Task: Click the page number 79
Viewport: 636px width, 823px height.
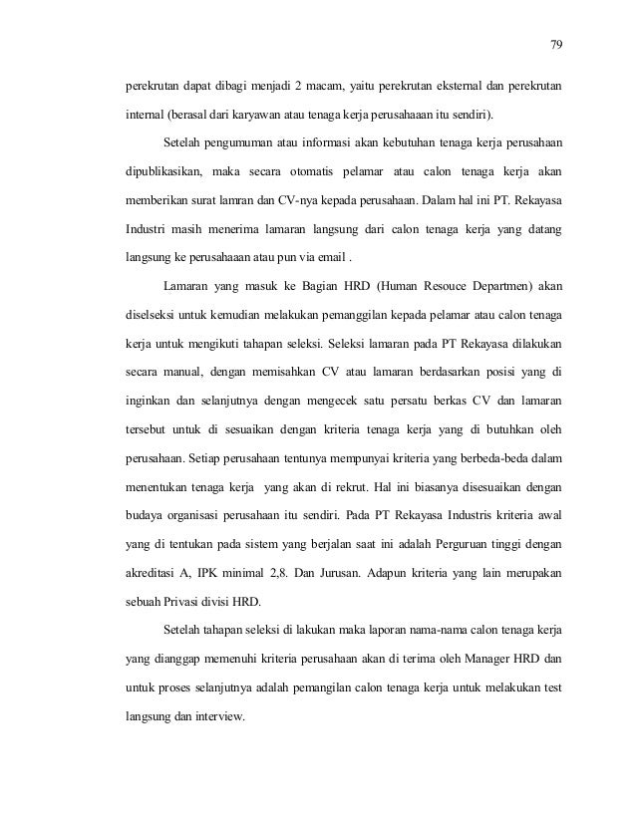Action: pyautogui.click(x=555, y=43)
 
